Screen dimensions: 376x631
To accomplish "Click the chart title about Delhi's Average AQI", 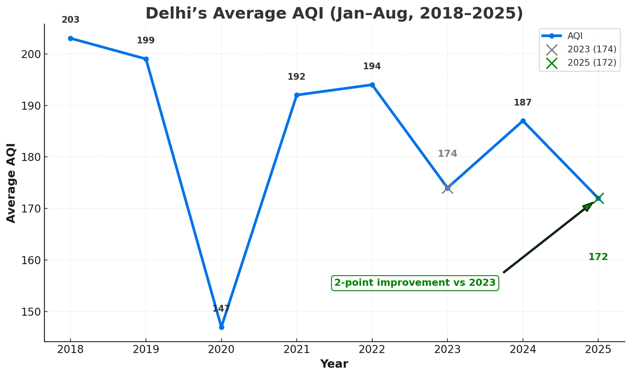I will click(x=334, y=13).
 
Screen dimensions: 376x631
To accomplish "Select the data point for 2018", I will click(x=71, y=39).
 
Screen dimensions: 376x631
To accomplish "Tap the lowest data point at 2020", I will click(x=221, y=327).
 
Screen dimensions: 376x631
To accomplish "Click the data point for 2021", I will click(x=297, y=95).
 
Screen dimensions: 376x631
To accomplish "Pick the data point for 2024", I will click(x=523, y=121).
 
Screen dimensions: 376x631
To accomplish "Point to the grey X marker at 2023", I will click(x=447, y=188).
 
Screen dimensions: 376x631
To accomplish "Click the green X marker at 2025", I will click(x=598, y=198).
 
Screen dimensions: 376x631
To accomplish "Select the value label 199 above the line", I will click(x=146, y=41).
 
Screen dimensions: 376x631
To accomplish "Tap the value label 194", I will click(x=372, y=66).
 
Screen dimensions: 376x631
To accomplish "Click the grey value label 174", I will click(x=447, y=154).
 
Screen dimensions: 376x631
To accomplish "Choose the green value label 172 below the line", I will click(x=598, y=257).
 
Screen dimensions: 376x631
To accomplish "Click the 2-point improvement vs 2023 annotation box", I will click(x=415, y=283).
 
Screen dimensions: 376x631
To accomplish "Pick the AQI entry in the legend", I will click(x=575, y=36).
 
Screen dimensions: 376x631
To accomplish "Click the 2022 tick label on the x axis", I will click(x=372, y=350).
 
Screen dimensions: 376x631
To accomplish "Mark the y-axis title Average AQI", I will click(x=11, y=183).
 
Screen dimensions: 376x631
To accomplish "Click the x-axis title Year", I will click(x=334, y=364).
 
